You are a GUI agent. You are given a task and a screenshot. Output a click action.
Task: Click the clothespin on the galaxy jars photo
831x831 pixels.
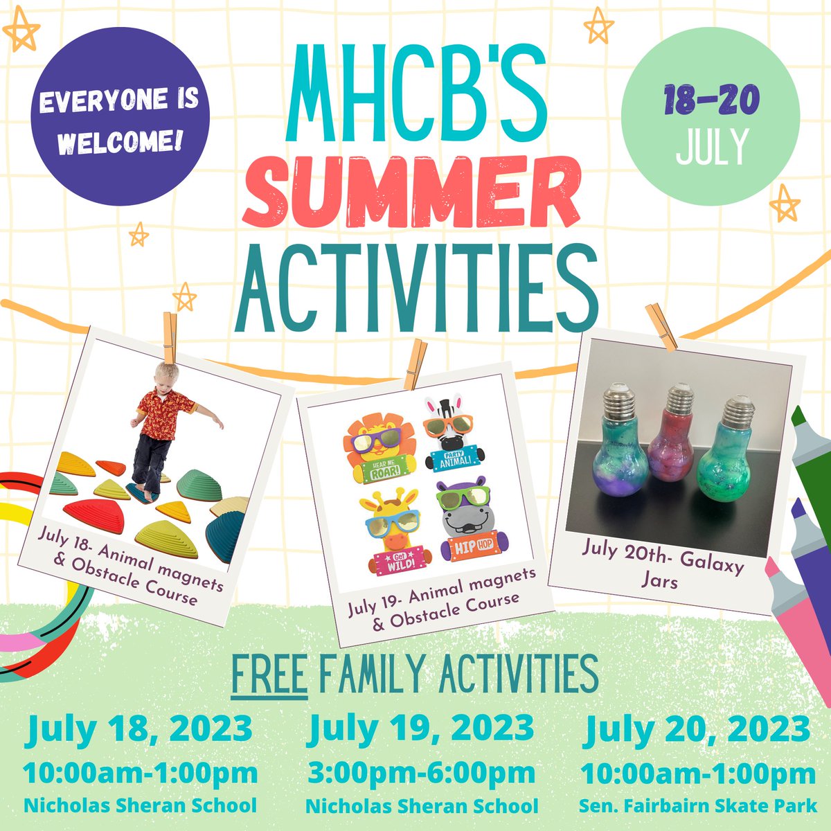[x=661, y=325]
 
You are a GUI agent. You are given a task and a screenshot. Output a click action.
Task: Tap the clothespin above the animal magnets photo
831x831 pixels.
[x=415, y=364]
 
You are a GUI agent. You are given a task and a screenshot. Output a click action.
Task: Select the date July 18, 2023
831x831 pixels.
[x=140, y=729]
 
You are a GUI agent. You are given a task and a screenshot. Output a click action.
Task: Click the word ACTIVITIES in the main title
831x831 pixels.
[x=415, y=283]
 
